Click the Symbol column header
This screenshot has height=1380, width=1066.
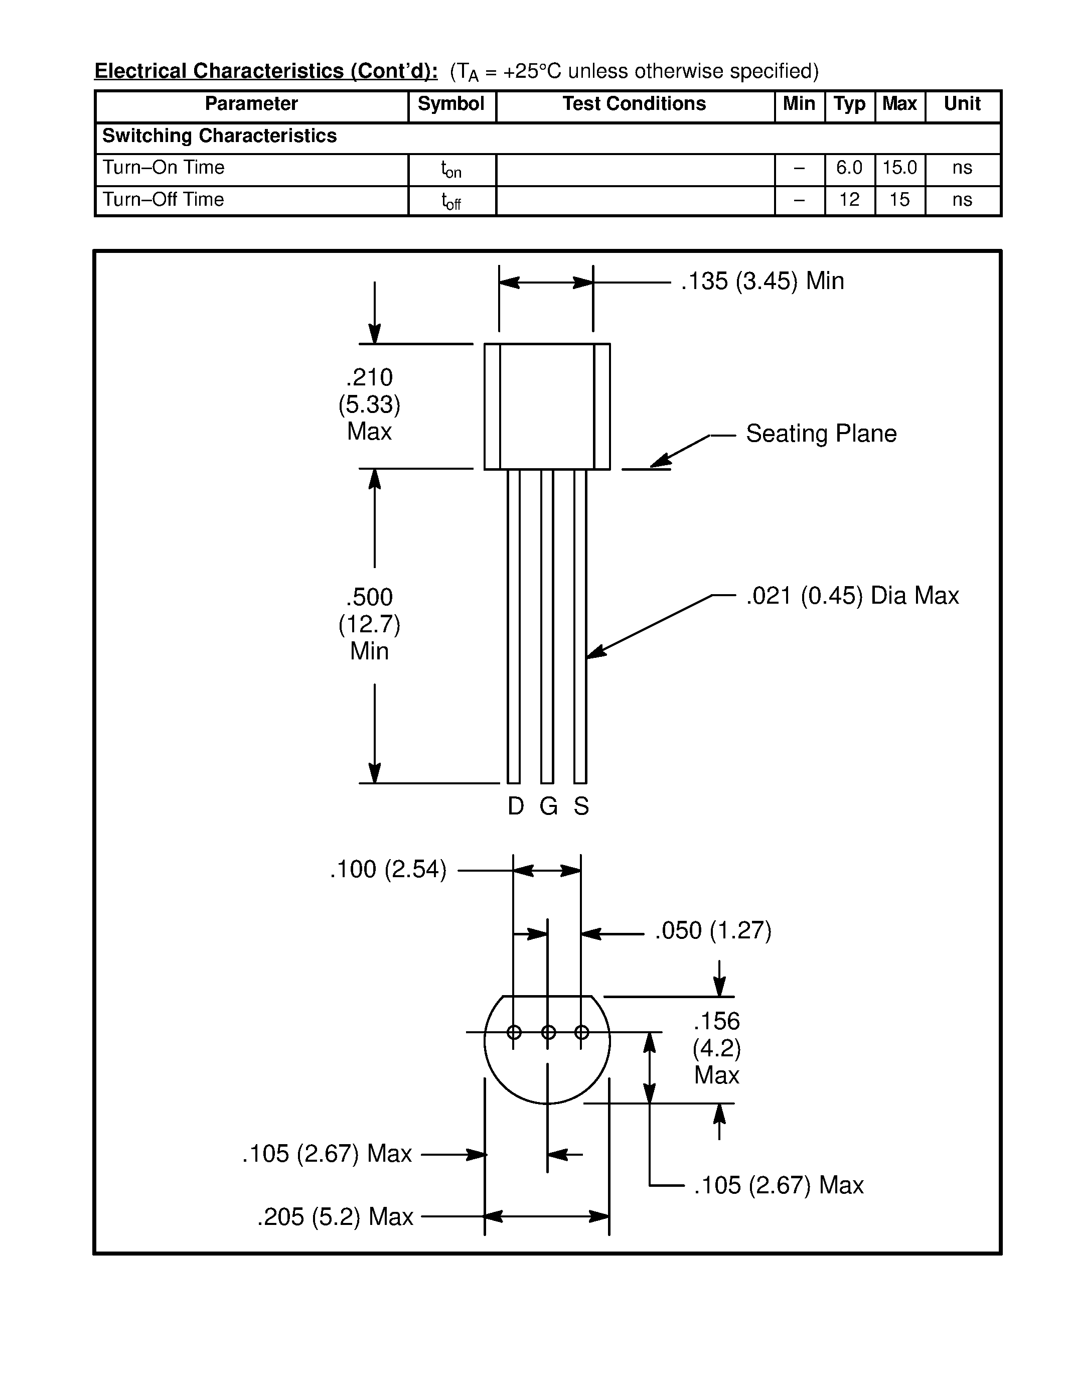pyautogui.click(x=451, y=104)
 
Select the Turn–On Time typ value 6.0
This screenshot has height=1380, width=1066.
pyautogui.click(x=849, y=168)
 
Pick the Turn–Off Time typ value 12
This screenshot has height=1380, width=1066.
pyautogui.click(x=849, y=200)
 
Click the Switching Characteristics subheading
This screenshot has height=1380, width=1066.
pyautogui.click(x=219, y=136)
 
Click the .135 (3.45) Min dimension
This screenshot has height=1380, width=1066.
pyautogui.click(x=762, y=281)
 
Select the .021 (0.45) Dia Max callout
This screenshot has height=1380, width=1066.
pyautogui.click(x=852, y=596)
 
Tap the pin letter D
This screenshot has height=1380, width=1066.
pyautogui.click(x=515, y=807)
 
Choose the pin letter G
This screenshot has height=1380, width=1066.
pyautogui.click(x=548, y=807)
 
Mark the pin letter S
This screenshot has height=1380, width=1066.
pyautogui.click(x=581, y=807)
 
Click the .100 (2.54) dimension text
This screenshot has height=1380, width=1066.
pyautogui.click(x=388, y=870)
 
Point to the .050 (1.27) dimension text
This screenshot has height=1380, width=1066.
pyautogui.click(x=713, y=931)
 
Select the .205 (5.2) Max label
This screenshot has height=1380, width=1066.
pyautogui.click(x=335, y=1217)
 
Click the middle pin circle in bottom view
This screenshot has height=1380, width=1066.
pyautogui.click(x=548, y=1032)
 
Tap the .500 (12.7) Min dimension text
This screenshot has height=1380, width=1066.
pyautogui.click(x=369, y=624)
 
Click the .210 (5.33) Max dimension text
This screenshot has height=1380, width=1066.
pyautogui.click(x=369, y=404)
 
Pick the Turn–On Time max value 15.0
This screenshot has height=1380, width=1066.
pyautogui.click(x=899, y=168)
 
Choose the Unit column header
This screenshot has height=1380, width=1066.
pyautogui.click(x=962, y=104)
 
